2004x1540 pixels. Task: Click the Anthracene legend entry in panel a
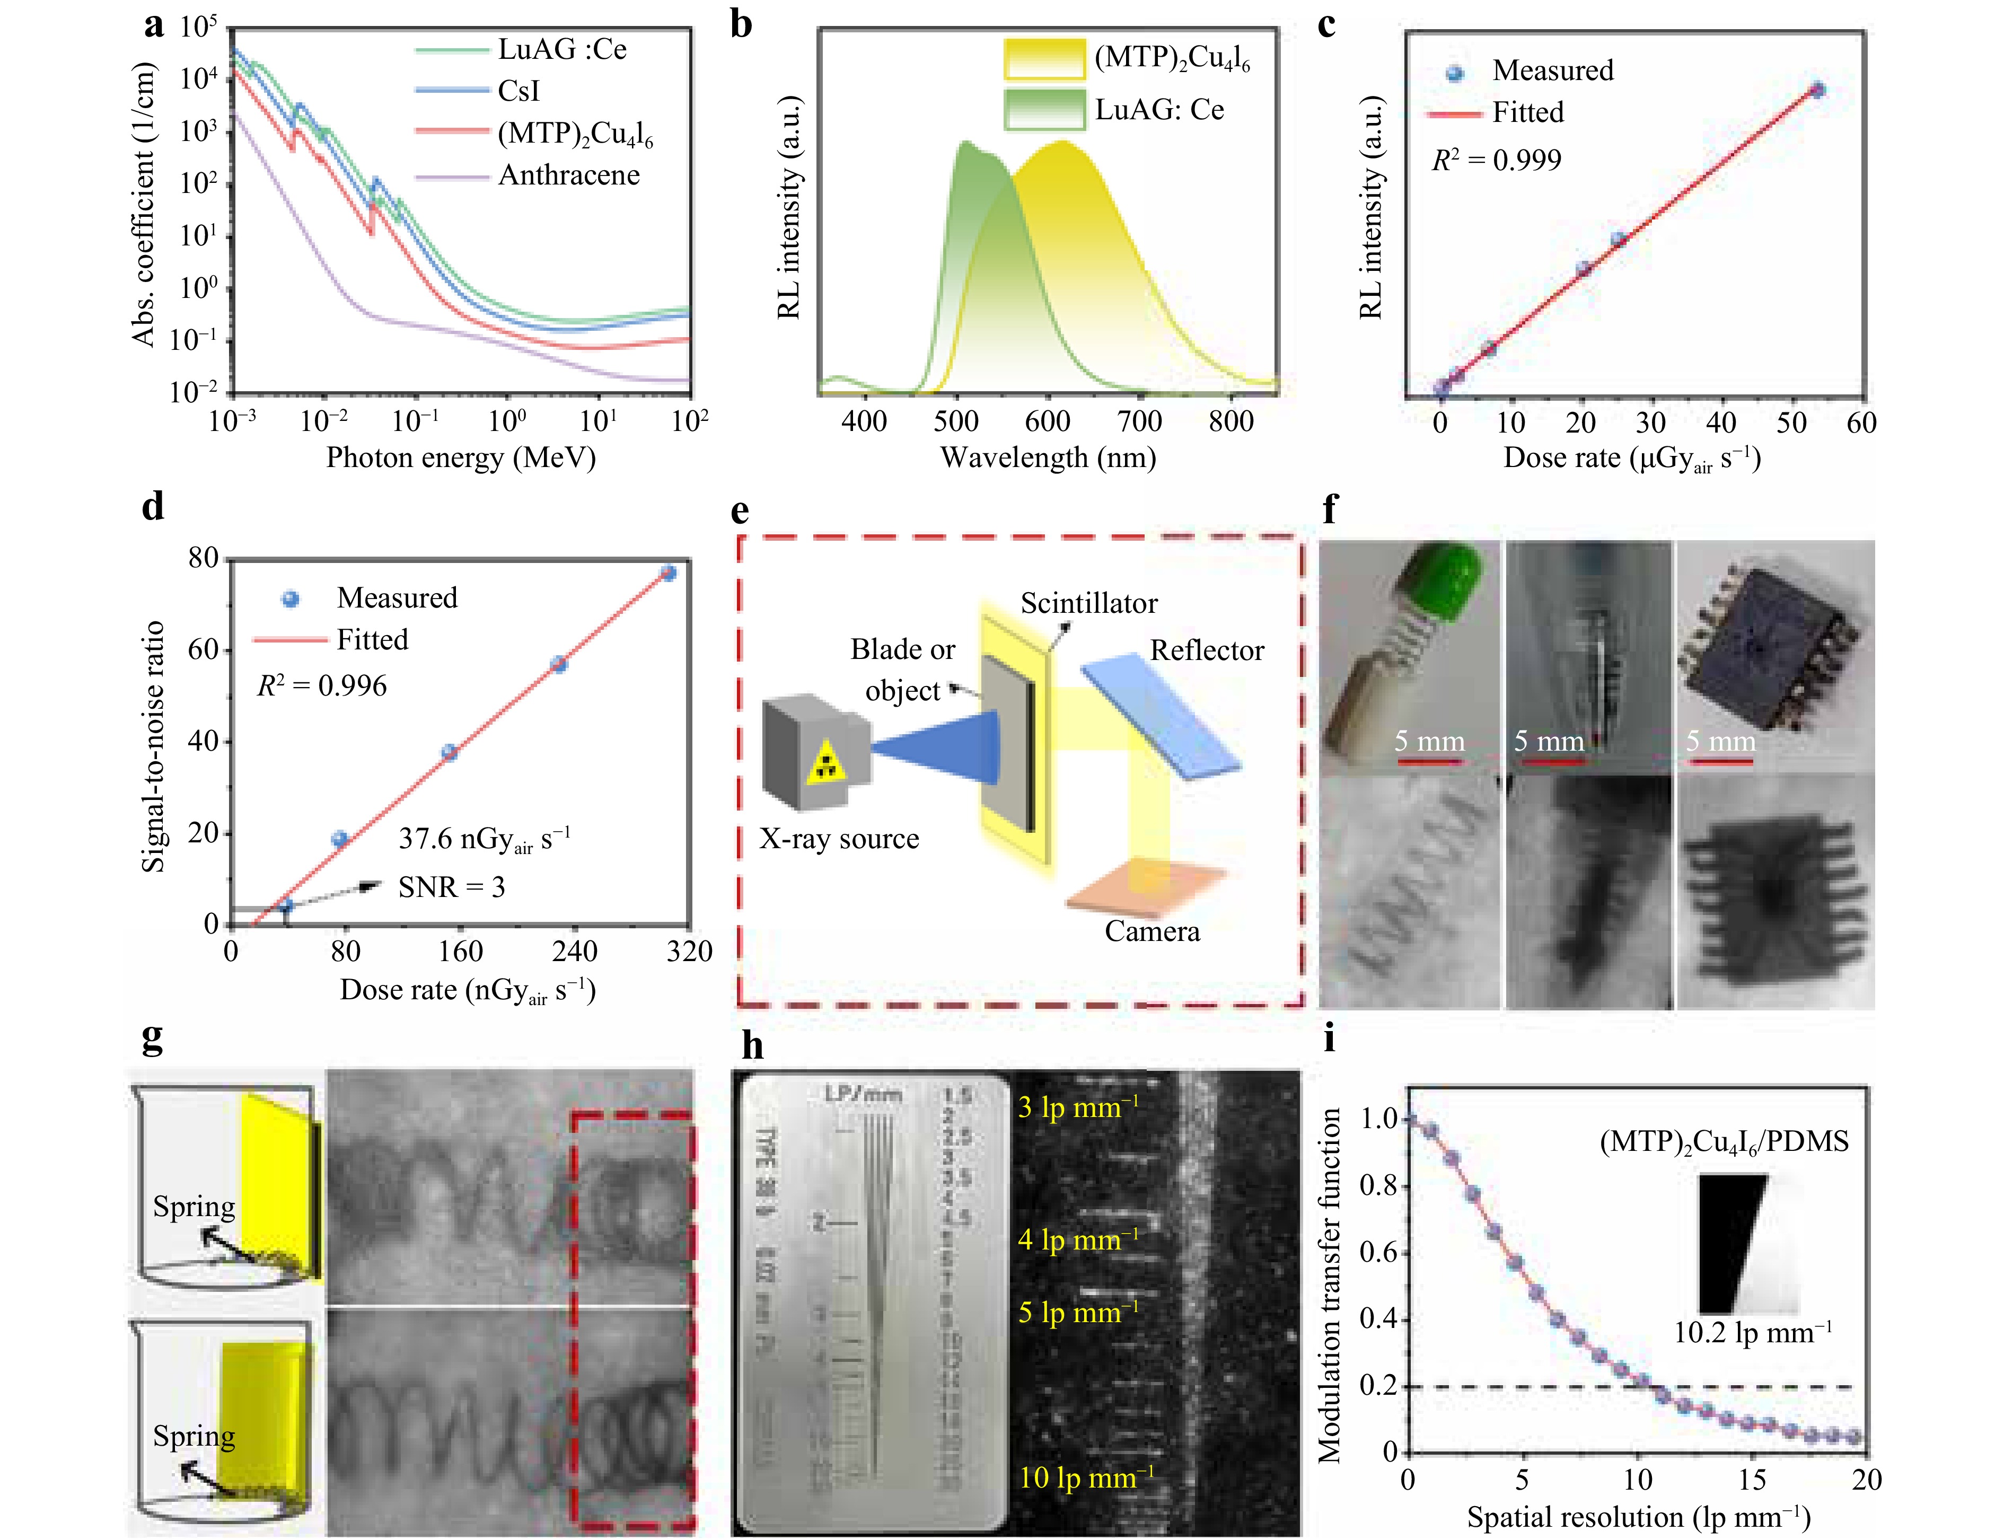(568, 175)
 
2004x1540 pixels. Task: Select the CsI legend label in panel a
(519, 91)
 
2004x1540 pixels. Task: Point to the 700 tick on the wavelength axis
(1139, 421)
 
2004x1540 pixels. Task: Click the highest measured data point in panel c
(1817, 90)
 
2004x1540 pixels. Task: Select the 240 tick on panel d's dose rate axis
(575, 952)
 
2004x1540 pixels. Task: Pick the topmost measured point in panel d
(669, 573)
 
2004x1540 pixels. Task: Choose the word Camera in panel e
(1152, 931)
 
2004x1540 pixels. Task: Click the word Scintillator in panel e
(1088, 603)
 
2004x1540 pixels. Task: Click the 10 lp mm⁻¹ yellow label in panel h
(1086, 1477)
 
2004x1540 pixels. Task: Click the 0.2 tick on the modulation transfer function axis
(1378, 1386)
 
